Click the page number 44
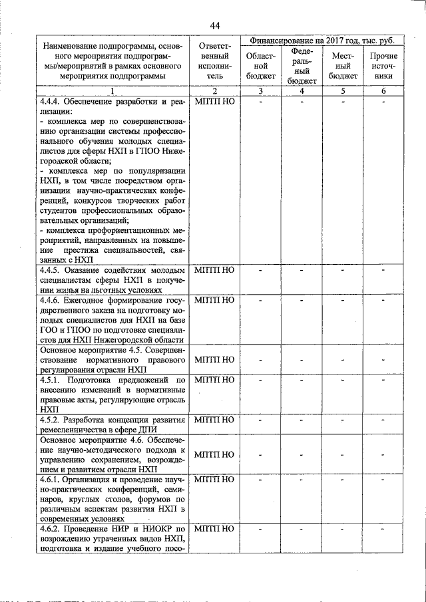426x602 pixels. (x=214, y=25)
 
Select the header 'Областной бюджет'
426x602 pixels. (x=261, y=66)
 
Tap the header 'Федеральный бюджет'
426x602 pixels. (x=302, y=66)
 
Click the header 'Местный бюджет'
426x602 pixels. (x=343, y=66)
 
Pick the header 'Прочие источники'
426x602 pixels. (x=383, y=66)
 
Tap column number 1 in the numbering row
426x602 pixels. (x=113, y=91)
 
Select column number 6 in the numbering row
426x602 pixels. (x=383, y=91)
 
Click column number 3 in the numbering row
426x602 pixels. (x=261, y=91)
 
